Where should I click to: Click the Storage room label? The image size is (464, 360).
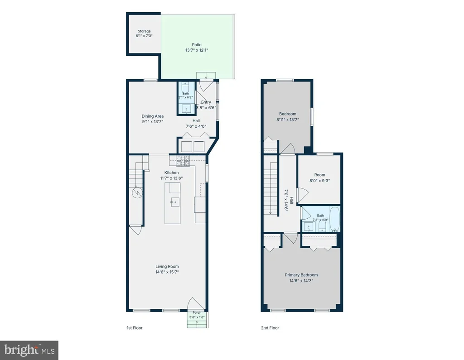coord(144,31)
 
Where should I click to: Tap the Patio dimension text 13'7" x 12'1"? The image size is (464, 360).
coord(197,50)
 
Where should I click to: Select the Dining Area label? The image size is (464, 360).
coord(152,116)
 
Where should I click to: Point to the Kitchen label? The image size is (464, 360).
coord(172,173)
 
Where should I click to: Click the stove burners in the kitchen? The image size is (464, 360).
coord(183,161)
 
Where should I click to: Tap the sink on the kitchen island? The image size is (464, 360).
coord(175,202)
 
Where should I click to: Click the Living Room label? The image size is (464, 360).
coord(167,266)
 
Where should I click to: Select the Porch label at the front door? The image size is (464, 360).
coord(197,312)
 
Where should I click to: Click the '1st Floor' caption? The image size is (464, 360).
coord(135,328)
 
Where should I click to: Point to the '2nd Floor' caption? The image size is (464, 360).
coord(270,328)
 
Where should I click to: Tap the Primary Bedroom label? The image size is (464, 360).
coord(301,275)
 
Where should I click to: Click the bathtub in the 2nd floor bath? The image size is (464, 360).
coord(335,219)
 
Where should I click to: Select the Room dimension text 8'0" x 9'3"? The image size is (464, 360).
coord(319,180)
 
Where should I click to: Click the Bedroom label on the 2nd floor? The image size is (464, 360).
coord(288,114)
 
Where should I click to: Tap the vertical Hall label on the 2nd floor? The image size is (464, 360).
coord(291,200)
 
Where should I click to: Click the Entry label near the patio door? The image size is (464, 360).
coord(206,102)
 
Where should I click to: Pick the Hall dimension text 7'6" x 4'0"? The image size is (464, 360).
coord(196,126)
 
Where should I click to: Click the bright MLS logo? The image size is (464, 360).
coord(29,350)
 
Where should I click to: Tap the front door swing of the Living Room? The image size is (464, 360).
coord(196,303)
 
